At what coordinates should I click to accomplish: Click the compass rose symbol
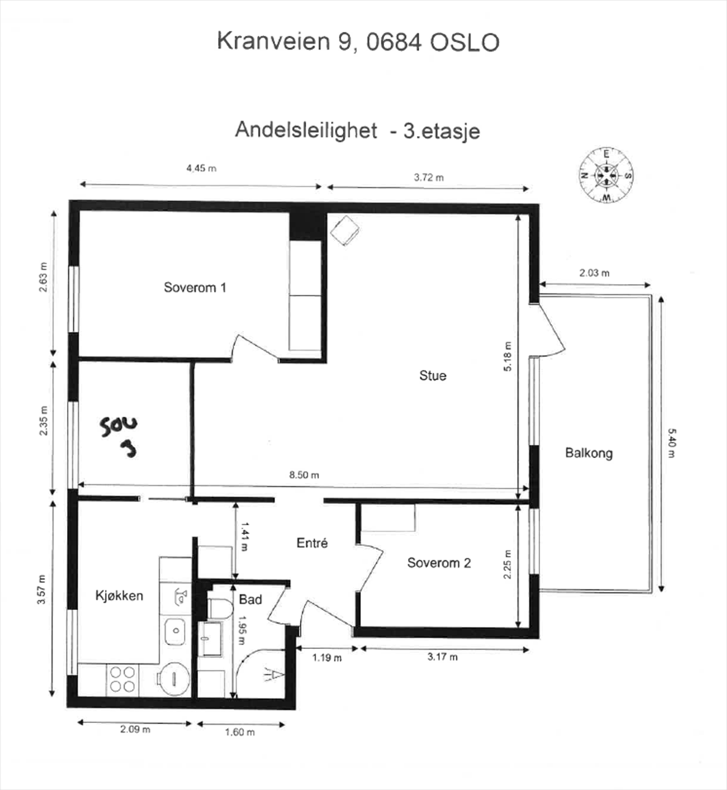606,175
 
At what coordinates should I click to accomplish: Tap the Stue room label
433,376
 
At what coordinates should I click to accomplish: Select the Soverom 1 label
195,287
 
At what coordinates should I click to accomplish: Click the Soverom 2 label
439,563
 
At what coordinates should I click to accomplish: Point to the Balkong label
589,453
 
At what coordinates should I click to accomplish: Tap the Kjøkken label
119,595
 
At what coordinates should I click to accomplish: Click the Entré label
312,543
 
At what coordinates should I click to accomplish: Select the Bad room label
250,600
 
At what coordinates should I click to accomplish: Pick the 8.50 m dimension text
304,475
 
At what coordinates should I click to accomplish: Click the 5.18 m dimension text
508,356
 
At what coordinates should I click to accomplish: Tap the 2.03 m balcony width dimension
594,273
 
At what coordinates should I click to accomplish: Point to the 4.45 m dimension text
201,168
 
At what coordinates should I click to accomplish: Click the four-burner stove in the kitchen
122,679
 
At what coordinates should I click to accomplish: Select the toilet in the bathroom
220,608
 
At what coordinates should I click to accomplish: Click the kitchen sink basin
175,630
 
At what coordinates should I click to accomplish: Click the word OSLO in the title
464,42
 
